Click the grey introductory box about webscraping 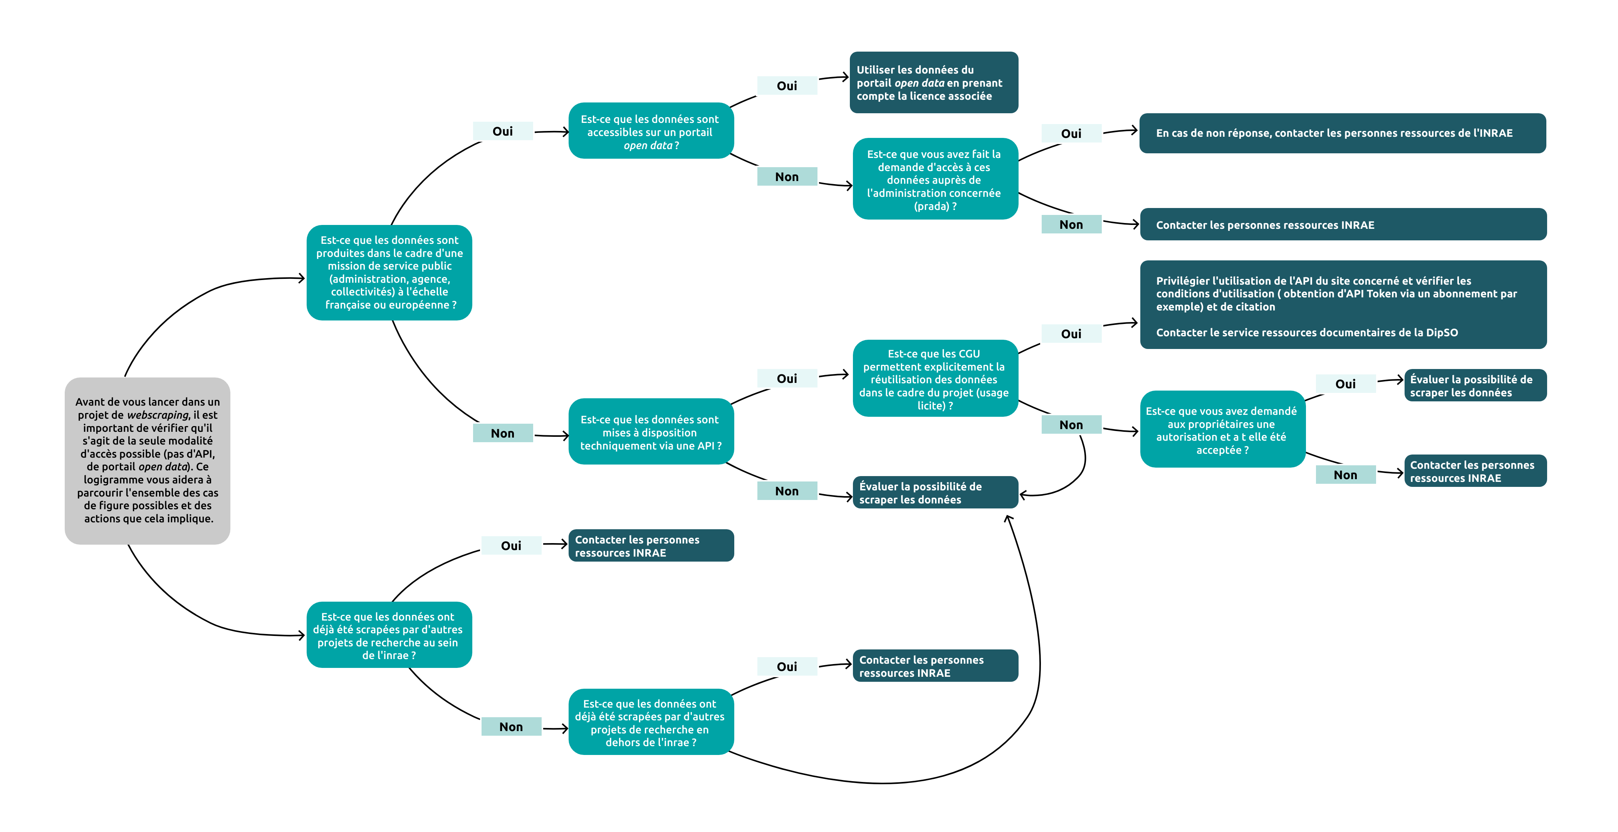[147, 460]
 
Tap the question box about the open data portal [650, 131]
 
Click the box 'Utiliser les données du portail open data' [933, 82]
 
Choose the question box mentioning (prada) [935, 179]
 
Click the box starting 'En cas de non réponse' [1342, 133]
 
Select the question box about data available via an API [650, 432]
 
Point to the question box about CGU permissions [935, 379]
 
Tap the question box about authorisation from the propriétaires [1222, 429]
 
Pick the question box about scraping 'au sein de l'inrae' [389, 635]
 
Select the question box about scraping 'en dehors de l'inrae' [650, 722]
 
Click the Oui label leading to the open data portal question [502, 131]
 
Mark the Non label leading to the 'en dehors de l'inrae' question [511, 726]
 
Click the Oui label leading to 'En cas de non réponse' [1071, 134]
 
